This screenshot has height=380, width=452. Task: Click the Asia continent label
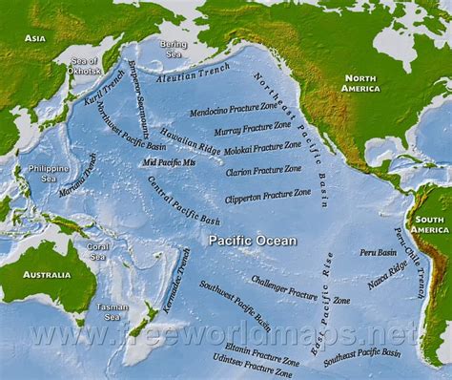point(35,38)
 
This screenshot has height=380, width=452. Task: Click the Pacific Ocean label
point(252,241)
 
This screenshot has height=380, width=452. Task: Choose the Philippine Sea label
point(49,174)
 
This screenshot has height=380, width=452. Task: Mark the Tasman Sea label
point(112,312)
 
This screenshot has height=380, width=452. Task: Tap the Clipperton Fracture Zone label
point(268,197)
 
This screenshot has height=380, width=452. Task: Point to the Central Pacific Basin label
point(183,200)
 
